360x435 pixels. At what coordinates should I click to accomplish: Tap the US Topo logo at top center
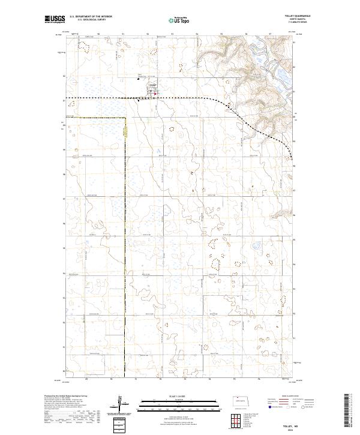[x=179, y=20]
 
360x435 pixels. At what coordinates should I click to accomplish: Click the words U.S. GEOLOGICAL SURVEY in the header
[x=90, y=20]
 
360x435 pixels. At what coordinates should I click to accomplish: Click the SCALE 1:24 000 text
[x=179, y=395]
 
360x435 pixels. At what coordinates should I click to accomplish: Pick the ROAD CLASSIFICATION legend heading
[x=290, y=395]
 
